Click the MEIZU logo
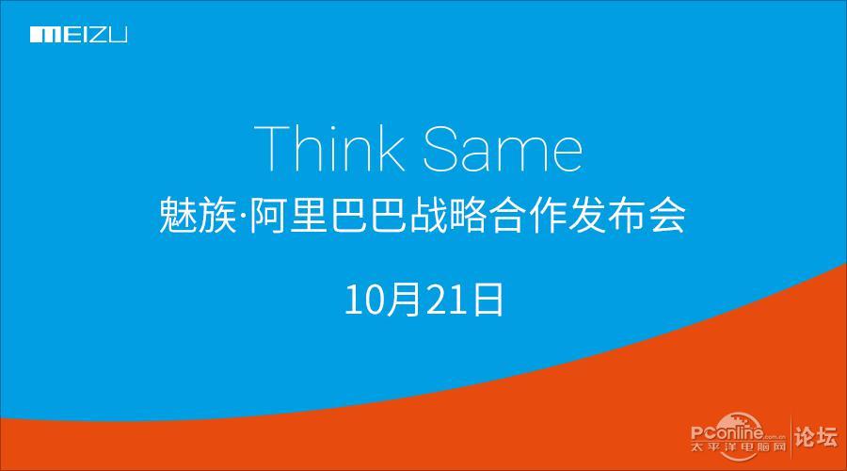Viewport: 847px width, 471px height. (x=79, y=35)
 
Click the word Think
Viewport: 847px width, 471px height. (x=329, y=148)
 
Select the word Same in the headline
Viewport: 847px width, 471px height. (x=503, y=149)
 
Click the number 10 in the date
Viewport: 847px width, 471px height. (x=364, y=299)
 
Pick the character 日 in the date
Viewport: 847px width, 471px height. (x=488, y=299)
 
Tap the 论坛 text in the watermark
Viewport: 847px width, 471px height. (x=816, y=436)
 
